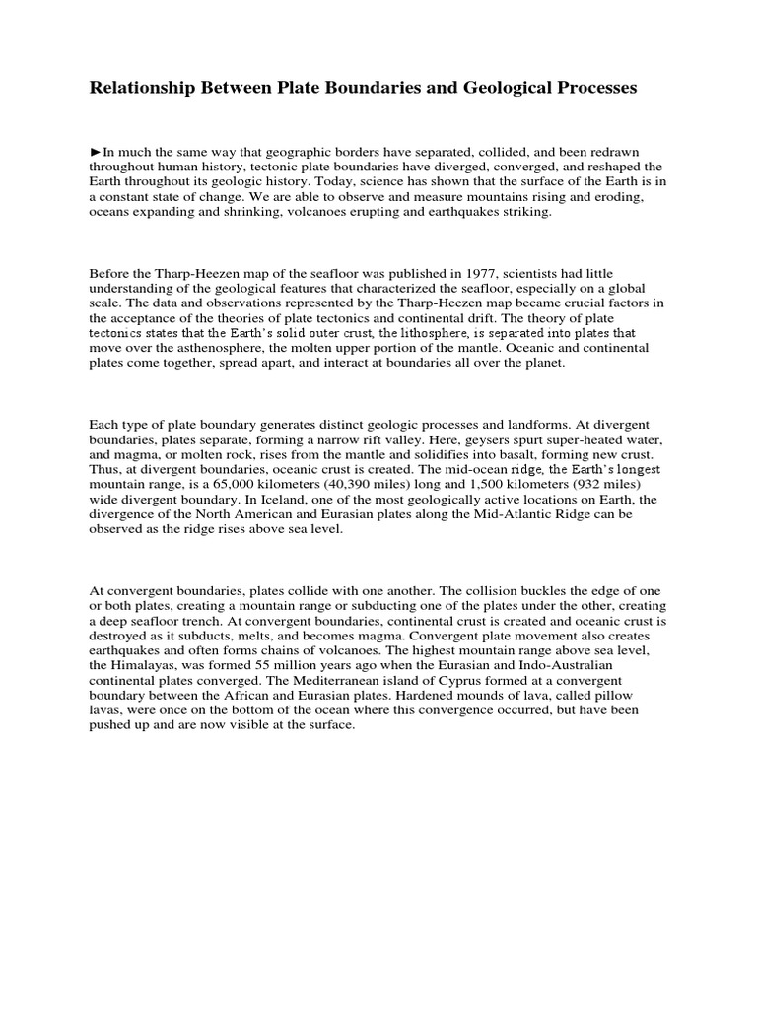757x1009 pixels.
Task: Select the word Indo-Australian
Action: coord(562,667)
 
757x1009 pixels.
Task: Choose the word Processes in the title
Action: coord(590,89)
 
